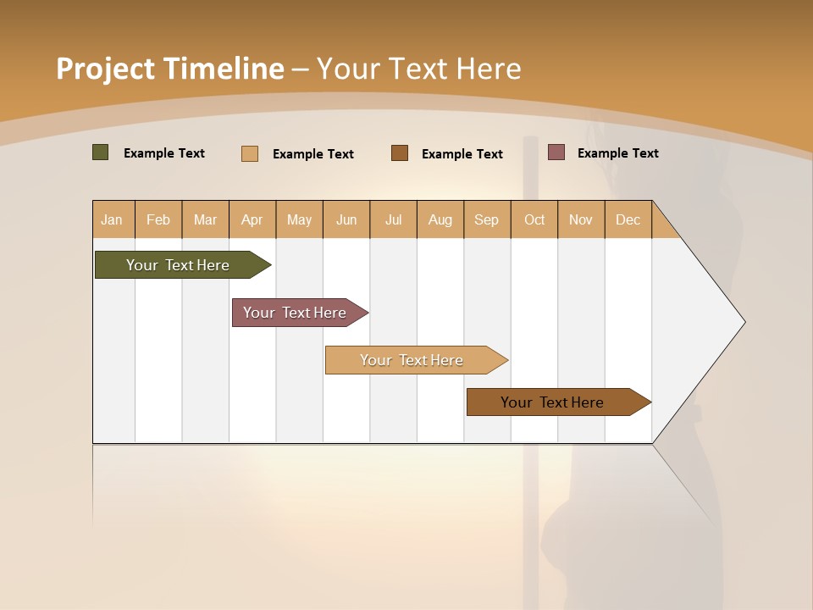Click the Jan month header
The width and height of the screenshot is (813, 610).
tap(112, 219)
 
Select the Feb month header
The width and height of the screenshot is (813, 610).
tap(158, 219)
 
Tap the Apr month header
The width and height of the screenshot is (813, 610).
tap(252, 219)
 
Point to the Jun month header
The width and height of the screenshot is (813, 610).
tap(346, 219)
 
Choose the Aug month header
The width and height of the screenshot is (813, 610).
tap(440, 219)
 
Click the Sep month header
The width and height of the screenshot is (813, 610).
tap(486, 219)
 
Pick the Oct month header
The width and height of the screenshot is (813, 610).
tap(534, 219)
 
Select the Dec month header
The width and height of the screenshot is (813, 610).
tap(628, 219)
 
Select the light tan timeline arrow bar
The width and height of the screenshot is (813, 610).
tap(412, 360)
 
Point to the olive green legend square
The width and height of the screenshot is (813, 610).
tap(100, 152)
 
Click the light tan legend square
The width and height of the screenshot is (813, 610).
tap(249, 153)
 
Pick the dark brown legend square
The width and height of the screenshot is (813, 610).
tap(400, 153)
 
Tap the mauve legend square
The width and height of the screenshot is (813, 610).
tap(556, 152)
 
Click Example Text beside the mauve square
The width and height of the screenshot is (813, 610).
tap(617, 153)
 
